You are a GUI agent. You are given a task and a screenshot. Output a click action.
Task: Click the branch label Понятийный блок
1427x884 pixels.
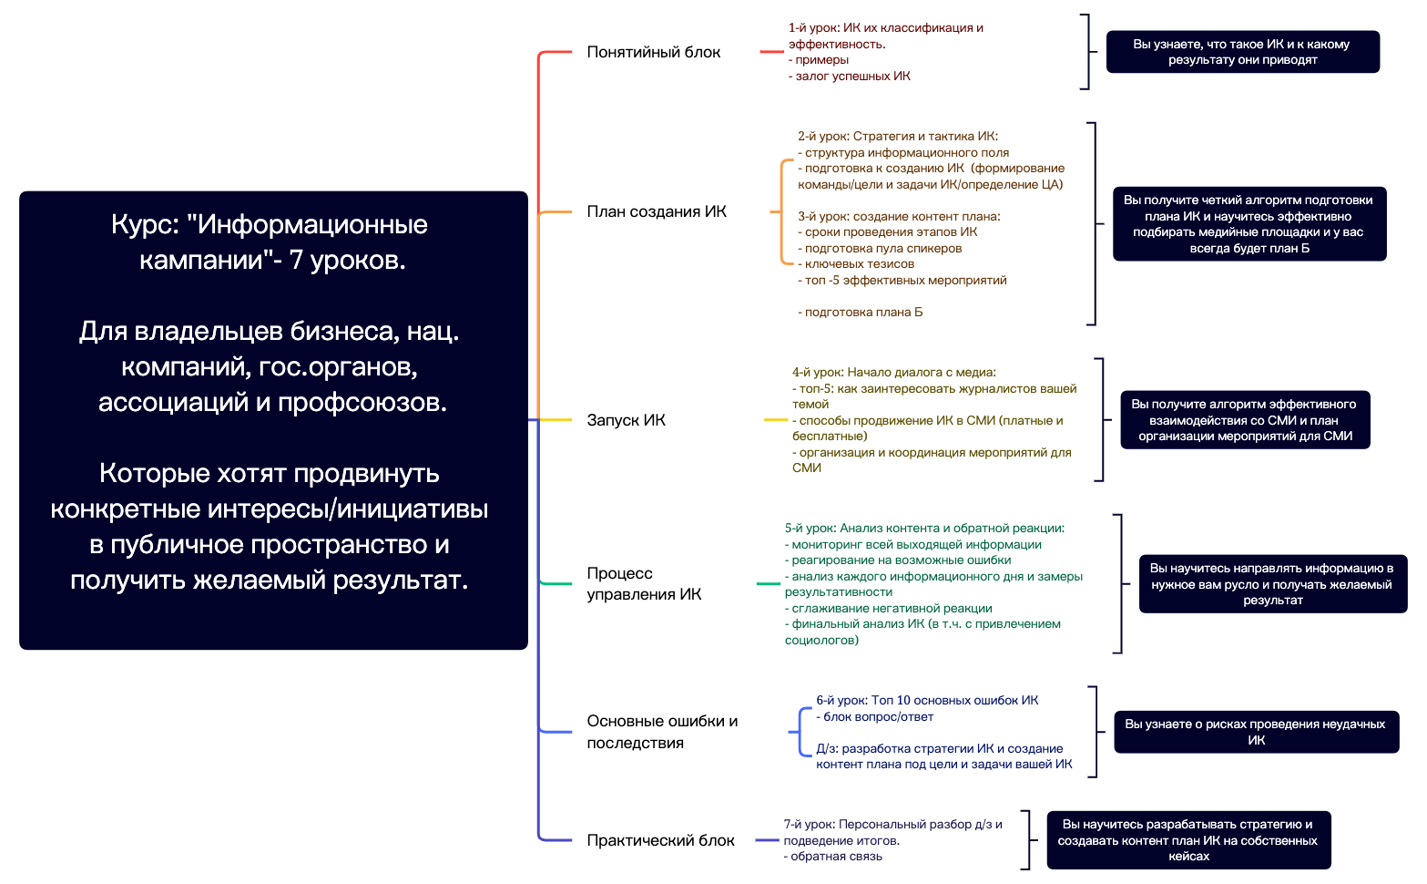click(x=653, y=52)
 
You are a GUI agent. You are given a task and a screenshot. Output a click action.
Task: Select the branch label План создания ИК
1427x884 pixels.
click(x=656, y=211)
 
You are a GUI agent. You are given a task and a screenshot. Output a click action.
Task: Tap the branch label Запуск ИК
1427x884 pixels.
click(x=626, y=420)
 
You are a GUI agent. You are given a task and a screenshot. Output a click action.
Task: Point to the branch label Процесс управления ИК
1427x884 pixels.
click(x=643, y=583)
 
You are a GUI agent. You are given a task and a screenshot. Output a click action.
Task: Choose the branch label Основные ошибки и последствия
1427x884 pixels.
click(x=661, y=732)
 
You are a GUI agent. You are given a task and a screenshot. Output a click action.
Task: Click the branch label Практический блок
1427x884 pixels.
click(x=660, y=840)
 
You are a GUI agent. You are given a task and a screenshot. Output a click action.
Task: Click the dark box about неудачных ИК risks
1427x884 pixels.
click(x=1255, y=732)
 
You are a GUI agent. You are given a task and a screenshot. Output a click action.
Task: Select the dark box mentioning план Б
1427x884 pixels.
click(x=1249, y=224)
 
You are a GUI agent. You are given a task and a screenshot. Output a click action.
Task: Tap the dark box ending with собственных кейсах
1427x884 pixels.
click(x=1187, y=840)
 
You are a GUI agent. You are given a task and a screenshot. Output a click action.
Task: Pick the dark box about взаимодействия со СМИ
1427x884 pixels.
click(x=1245, y=420)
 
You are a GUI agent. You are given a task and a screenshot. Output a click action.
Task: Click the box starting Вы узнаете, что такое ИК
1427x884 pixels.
click(x=1242, y=52)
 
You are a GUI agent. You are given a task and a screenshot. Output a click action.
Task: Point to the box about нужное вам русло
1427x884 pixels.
click(x=1271, y=584)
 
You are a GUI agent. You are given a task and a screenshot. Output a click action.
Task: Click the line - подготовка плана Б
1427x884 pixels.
click(x=861, y=313)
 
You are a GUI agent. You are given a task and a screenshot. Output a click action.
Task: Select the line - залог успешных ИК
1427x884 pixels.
click(x=850, y=77)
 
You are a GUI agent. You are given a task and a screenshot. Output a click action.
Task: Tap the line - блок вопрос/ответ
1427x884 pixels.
click(x=875, y=717)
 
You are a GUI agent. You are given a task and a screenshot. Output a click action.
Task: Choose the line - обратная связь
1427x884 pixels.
click(x=833, y=857)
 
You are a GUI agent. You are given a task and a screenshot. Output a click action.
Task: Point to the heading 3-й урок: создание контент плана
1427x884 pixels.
click(x=899, y=217)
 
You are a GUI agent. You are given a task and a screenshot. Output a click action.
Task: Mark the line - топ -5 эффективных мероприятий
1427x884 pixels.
click(x=902, y=281)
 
